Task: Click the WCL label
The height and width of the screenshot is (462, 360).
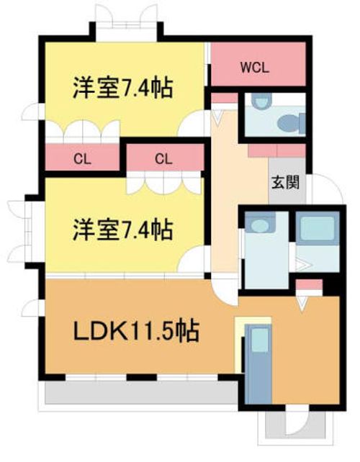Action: coord(254,68)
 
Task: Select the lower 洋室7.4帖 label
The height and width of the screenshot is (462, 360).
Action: coord(121,230)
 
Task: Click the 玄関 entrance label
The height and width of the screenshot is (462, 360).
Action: coord(282,182)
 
